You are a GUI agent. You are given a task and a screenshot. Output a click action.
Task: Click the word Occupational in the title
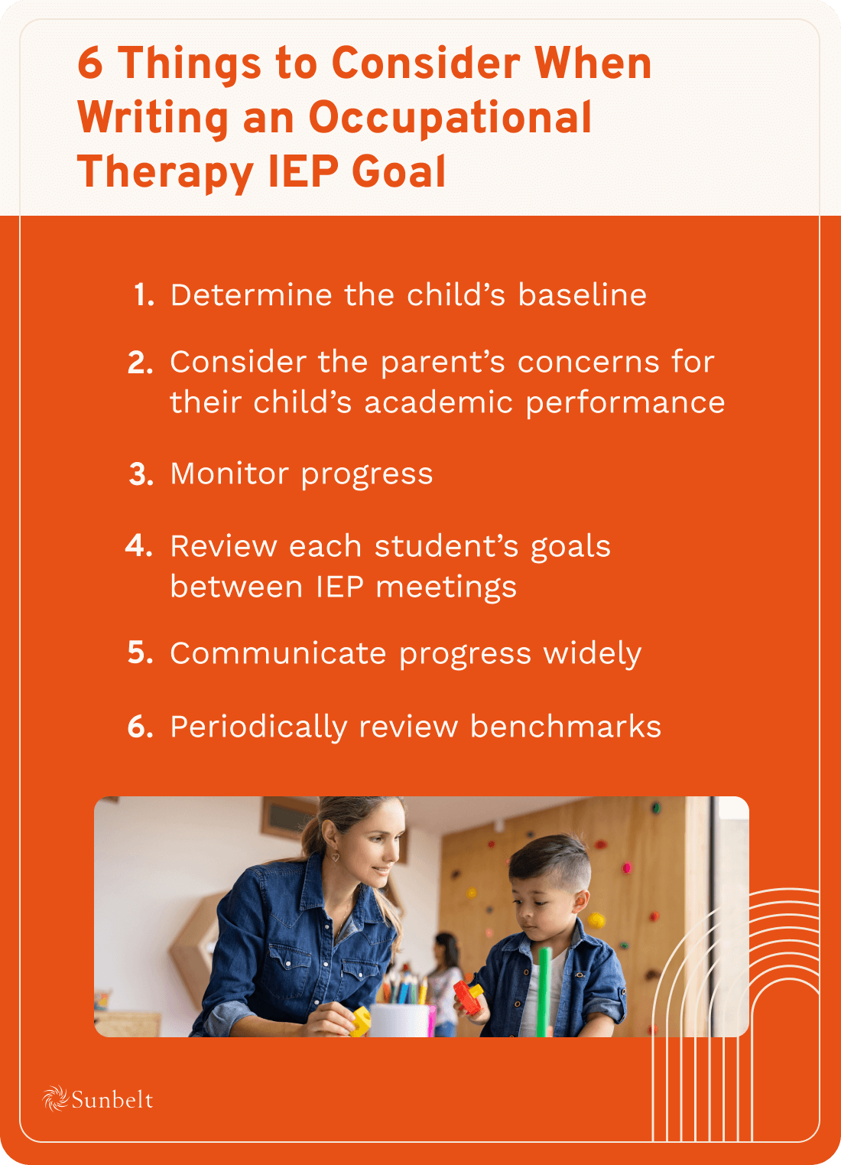450,118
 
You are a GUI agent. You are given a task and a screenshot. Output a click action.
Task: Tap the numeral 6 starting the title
90,63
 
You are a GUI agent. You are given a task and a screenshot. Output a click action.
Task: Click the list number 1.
144,295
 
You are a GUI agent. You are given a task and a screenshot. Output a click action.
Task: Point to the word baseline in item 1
582,295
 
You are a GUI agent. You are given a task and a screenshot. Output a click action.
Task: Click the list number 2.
141,363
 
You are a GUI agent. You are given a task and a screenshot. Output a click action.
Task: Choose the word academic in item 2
438,402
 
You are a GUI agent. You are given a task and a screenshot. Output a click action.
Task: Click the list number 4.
139,546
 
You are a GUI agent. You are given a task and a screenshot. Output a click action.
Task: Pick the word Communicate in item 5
278,653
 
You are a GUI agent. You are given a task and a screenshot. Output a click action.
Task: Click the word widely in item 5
592,653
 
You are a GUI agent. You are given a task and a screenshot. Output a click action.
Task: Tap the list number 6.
141,727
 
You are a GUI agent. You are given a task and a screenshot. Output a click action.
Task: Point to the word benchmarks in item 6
565,727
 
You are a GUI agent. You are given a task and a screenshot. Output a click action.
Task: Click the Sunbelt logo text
112,1100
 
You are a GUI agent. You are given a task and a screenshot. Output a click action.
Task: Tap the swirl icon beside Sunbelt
55,1099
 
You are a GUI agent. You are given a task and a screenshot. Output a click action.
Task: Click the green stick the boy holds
544,991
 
